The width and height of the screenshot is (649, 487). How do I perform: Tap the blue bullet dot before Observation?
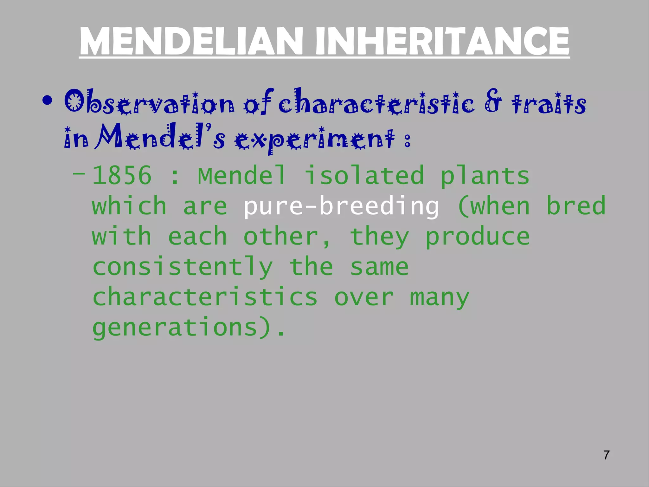pyautogui.click(x=47, y=101)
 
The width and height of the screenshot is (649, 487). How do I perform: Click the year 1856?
pyautogui.click(x=122, y=176)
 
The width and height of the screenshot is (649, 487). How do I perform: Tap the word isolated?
pyautogui.click(x=364, y=175)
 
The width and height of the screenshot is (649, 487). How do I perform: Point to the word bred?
pyautogui.click(x=576, y=205)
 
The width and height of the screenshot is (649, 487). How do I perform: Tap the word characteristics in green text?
pyautogui.click(x=205, y=297)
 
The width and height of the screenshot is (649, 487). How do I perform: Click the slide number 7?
pyautogui.click(x=606, y=455)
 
